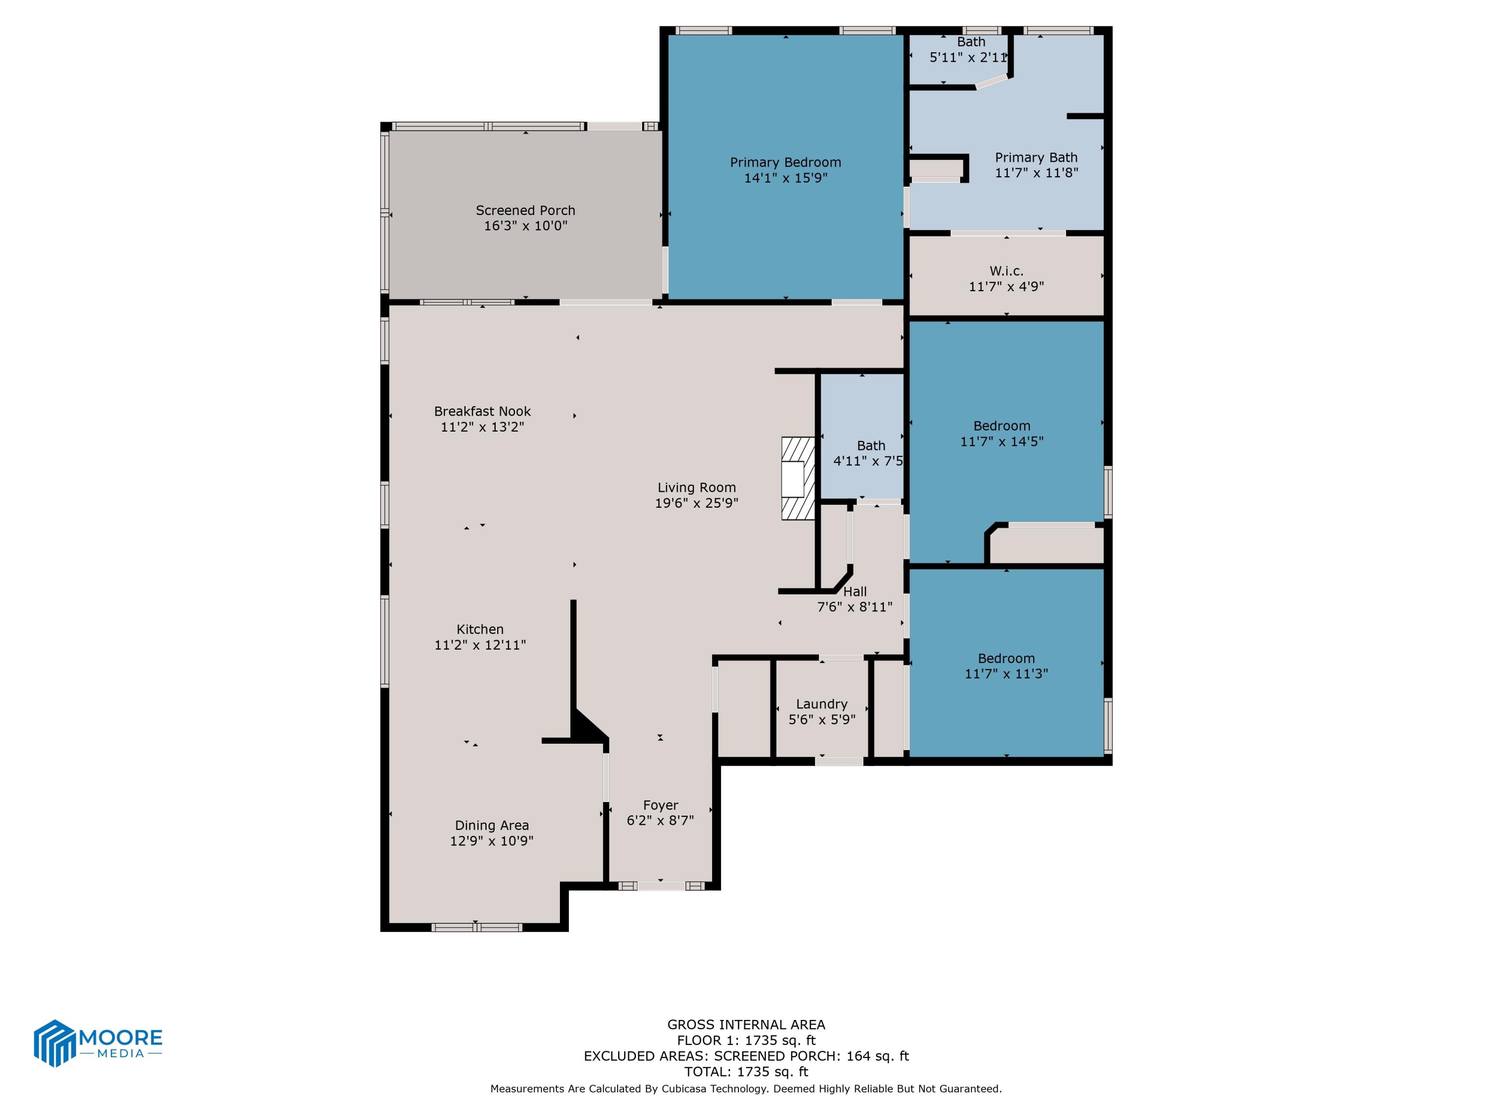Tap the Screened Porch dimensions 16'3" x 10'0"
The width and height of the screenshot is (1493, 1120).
coord(525,226)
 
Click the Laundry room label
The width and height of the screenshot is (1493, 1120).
coord(822,704)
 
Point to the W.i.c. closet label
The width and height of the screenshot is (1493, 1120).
coord(1006,271)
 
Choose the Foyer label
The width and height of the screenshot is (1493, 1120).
coord(660,805)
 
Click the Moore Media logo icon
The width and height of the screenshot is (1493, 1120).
coord(54,1043)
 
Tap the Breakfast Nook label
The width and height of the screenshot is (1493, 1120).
coord(482,412)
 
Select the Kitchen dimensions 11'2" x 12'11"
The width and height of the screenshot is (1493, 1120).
coord(480,645)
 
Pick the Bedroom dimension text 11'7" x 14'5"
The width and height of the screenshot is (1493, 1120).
coord(1002,442)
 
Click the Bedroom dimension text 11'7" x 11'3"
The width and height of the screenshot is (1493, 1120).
coord(1006,674)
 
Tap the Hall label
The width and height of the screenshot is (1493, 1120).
coord(854,592)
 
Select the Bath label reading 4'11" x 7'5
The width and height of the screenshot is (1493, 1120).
coord(870,446)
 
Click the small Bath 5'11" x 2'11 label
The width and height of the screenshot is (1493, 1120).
coord(970,42)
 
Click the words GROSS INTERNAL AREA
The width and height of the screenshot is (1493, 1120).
coord(746,1025)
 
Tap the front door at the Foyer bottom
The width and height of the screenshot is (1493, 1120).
coord(661,886)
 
